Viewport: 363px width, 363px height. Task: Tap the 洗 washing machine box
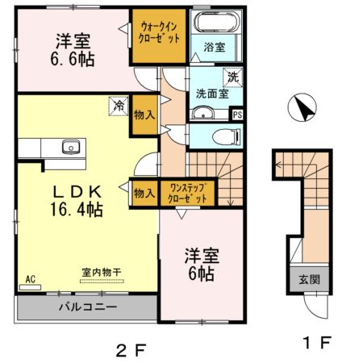232,77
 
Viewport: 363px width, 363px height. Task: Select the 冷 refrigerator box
118,104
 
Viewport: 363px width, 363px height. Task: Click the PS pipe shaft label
236,115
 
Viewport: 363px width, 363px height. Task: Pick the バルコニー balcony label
87,307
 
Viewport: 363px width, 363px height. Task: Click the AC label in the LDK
31,279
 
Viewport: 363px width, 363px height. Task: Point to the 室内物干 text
100,273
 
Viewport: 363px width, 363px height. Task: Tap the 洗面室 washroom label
212,94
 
